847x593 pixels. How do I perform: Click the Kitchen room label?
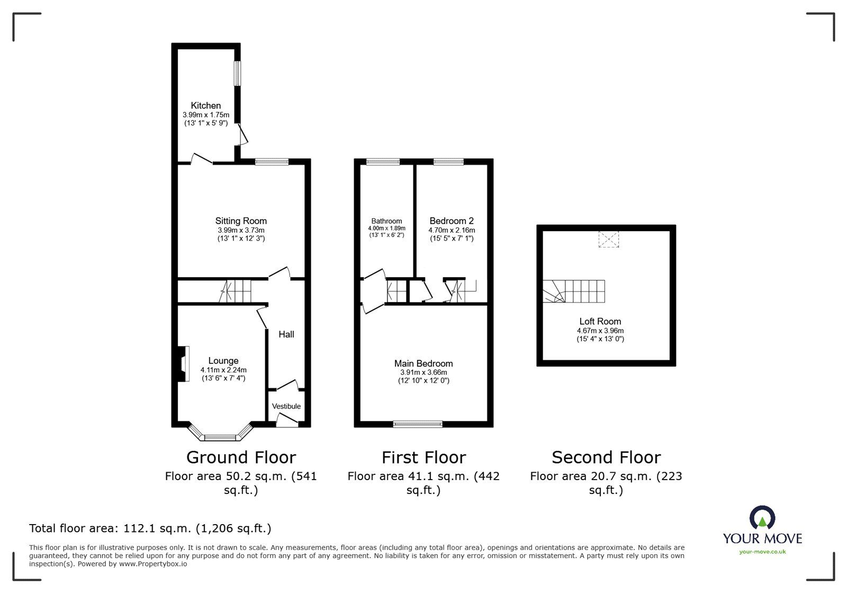pos(205,105)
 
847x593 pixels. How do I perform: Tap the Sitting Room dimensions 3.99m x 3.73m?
pos(241,230)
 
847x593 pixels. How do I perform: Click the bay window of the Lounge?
pos(220,437)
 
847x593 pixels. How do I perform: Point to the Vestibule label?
pos(286,406)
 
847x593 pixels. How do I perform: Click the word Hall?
pos(286,334)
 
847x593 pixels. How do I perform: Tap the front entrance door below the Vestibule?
pos(287,421)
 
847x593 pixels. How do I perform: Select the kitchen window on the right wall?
pos(238,73)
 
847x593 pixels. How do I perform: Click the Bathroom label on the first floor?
pos(386,221)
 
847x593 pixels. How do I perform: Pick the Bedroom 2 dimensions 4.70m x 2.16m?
pos(451,230)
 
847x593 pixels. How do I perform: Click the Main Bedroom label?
pos(424,364)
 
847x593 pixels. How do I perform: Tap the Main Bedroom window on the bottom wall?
pos(418,423)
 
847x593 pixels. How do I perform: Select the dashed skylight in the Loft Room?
pos(608,239)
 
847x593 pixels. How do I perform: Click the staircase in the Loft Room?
pos(574,291)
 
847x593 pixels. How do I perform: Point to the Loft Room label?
pos(600,321)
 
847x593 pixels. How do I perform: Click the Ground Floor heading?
pos(241,457)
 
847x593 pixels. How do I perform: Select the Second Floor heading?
pos(606,457)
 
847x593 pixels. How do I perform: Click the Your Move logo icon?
pos(762,518)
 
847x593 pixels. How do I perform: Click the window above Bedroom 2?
pos(448,162)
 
